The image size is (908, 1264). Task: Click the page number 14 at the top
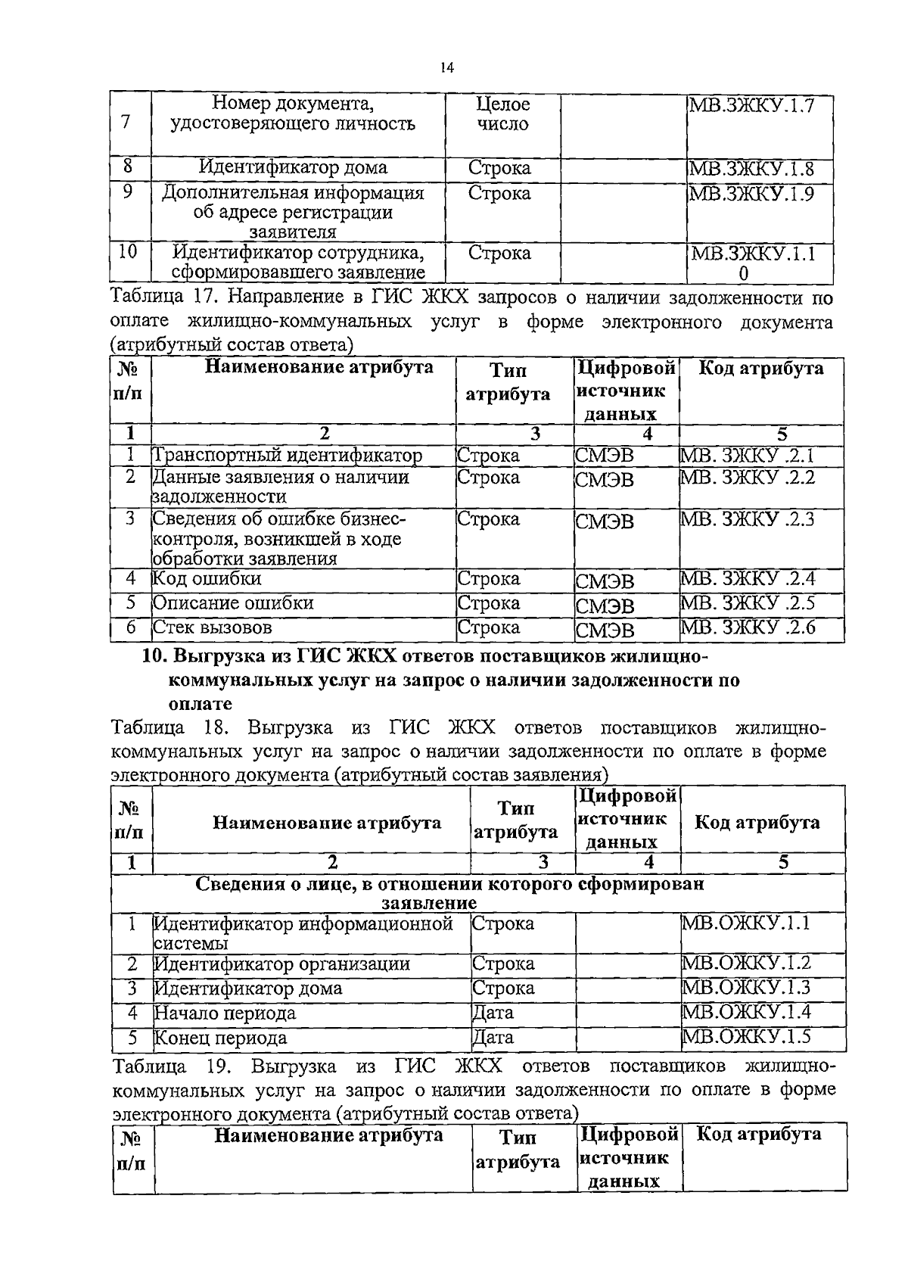click(446, 69)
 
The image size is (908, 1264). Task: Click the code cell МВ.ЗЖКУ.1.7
click(750, 104)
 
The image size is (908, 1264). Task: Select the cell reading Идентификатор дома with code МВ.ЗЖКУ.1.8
click(294, 167)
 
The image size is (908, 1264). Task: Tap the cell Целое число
click(503, 114)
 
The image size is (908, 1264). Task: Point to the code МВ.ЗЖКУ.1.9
click(750, 194)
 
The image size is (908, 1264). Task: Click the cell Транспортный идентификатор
click(288, 456)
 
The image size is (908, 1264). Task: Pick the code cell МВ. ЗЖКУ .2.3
click(748, 519)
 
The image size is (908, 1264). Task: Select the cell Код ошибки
click(207, 579)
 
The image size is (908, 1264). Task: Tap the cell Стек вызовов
click(213, 627)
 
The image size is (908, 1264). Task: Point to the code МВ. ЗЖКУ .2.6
click(748, 627)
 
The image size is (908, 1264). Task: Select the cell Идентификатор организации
click(282, 964)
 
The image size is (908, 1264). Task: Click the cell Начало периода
click(225, 1013)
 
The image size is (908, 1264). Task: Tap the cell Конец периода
click(221, 1038)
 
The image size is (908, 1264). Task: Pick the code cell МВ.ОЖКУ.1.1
click(746, 923)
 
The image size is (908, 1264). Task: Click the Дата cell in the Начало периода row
click(493, 1013)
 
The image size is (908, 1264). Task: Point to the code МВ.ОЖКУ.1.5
click(746, 1036)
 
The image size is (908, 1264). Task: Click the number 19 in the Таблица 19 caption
click(217, 1067)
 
